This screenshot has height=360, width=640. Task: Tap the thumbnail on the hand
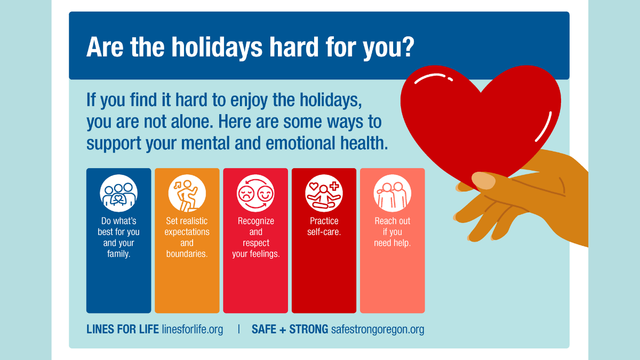(x=483, y=180)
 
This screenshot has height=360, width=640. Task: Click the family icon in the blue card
(x=118, y=193)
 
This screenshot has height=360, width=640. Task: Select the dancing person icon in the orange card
(x=187, y=193)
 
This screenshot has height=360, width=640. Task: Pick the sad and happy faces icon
(x=255, y=193)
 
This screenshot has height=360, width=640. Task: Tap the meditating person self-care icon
(x=324, y=193)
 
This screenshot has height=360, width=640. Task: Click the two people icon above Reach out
(x=392, y=193)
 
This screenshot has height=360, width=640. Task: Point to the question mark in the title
(x=407, y=47)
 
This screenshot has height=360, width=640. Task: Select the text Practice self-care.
(x=324, y=227)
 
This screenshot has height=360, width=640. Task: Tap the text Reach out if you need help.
(x=392, y=232)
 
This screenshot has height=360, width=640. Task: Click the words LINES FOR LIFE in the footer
(x=123, y=329)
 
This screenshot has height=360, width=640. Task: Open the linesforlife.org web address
(x=193, y=329)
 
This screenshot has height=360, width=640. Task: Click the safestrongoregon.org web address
(x=378, y=329)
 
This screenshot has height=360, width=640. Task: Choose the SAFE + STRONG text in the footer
(x=290, y=329)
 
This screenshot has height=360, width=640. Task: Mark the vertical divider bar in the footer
(x=238, y=329)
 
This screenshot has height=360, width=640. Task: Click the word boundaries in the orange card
(x=187, y=254)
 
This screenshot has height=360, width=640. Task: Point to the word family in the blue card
(x=118, y=254)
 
